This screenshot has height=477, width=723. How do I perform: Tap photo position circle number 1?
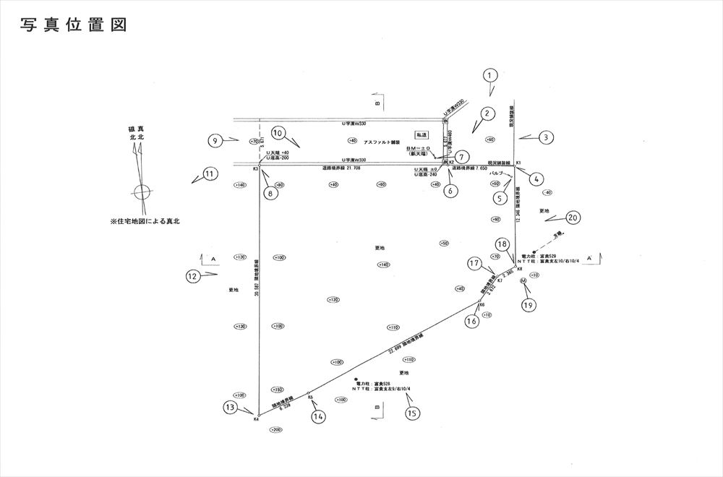coord(490,75)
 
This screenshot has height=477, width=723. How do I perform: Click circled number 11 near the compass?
coord(210,173)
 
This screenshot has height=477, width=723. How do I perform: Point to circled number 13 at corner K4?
coord(231,408)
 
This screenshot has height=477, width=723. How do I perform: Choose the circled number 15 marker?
coord(412,413)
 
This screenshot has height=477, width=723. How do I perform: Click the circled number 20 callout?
coord(573,217)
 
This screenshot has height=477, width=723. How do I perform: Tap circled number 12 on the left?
coord(192,275)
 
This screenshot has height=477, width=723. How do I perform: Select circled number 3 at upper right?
coord(547,137)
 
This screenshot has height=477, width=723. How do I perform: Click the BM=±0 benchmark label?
coord(419,147)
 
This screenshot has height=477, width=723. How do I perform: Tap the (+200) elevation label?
coord(275,429)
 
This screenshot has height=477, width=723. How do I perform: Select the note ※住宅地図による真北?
coord(145,222)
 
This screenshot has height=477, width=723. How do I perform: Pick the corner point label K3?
coord(256,169)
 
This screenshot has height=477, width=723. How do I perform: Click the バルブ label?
coord(496,174)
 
